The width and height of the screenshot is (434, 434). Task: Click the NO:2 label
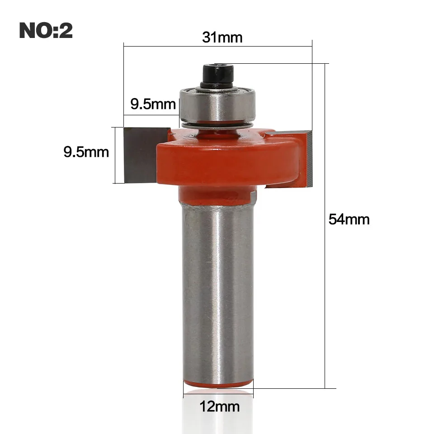[x=46, y=30]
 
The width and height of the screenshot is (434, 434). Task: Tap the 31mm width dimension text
[x=222, y=37]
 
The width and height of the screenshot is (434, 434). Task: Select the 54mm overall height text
[x=349, y=219]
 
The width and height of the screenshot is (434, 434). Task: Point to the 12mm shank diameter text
[x=220, y=406]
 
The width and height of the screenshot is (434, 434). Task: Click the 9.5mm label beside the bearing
[x=153, y=104]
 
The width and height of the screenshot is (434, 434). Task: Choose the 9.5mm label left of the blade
[x=86, y=152]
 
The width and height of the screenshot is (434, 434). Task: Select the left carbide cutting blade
[x=141, y=155]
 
